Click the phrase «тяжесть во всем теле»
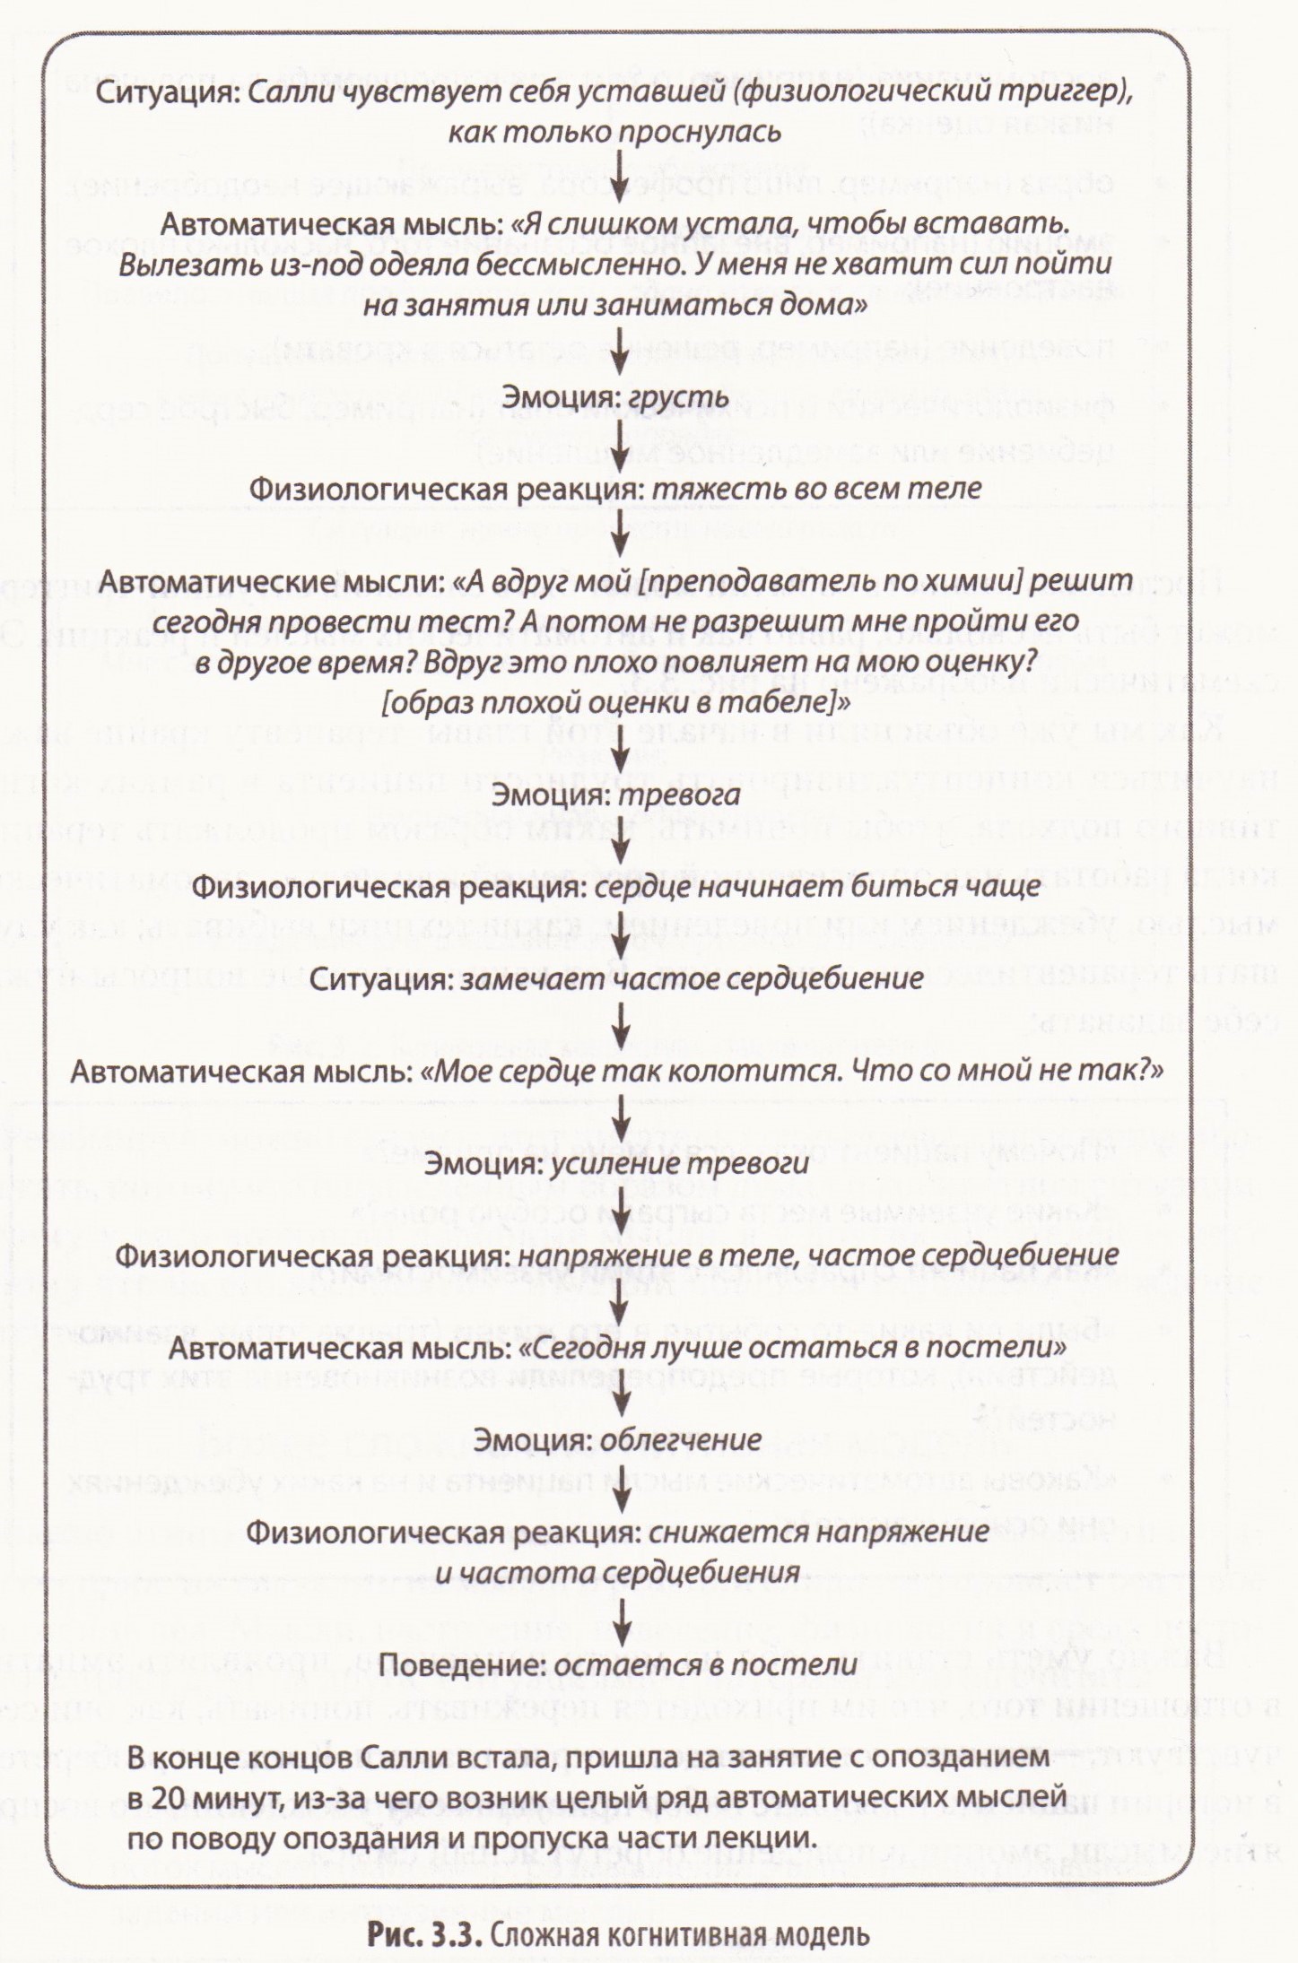coord(815,489)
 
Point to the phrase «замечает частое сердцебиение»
coord(692,978)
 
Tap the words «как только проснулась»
coord(614,133)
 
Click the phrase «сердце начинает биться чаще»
coord(814,887)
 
